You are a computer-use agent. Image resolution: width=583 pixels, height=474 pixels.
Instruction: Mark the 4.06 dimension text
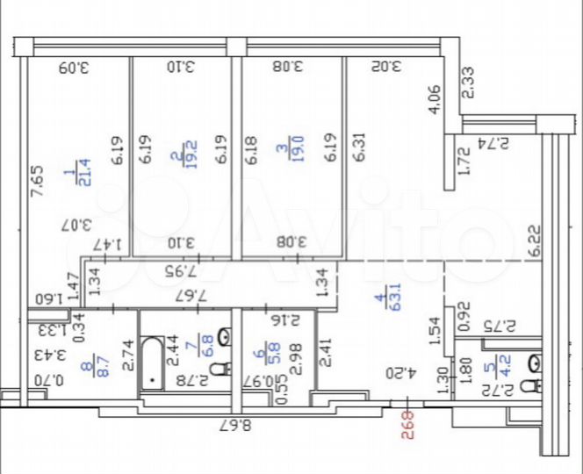coord(434,100)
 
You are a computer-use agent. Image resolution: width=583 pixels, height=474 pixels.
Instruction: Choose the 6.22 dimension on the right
coord(534,239)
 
